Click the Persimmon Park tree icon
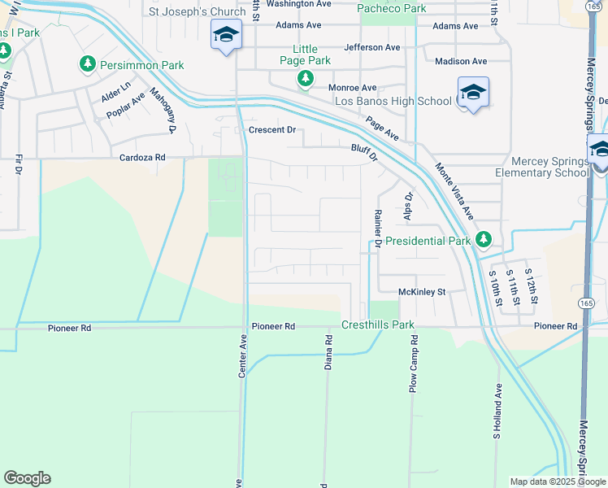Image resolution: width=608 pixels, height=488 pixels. [x=87, y=63]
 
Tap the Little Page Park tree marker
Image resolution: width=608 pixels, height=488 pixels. [x=305, y=79]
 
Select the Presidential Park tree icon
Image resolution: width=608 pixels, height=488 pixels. [x=484, y=239]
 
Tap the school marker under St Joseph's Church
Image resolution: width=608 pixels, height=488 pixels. [x=226, y=35]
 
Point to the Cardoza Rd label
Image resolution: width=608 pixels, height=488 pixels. [x=142, y=158]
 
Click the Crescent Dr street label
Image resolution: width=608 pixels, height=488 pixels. [x=271, y=130]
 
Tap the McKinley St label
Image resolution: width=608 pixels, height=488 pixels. [x=423, y=291]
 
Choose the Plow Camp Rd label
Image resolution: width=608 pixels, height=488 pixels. [x=414, y=368]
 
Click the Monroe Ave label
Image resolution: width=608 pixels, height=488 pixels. [x=352, y=88]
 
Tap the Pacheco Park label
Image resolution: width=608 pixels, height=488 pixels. [x=381, y=8]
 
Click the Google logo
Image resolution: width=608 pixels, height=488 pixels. [x=27, y=478]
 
